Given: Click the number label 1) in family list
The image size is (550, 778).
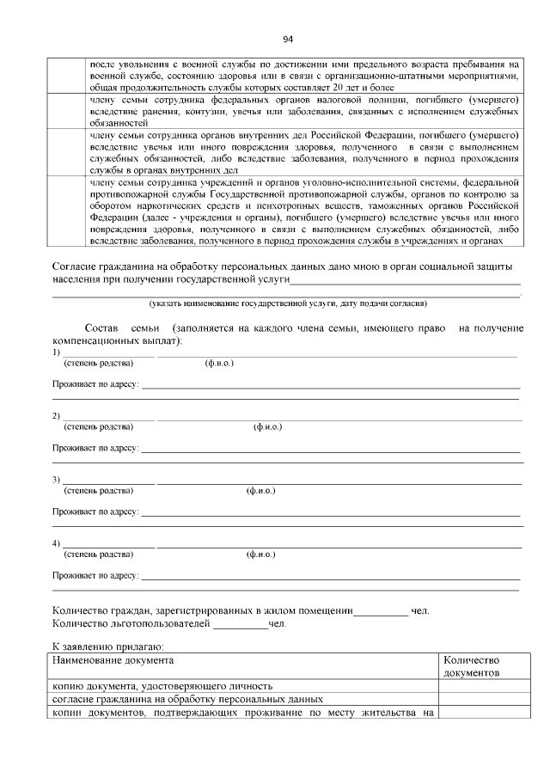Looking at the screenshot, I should pyautogui.click(x=56, y=352).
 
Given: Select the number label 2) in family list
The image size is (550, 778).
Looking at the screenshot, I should pyautogui.click(x=56, y=417).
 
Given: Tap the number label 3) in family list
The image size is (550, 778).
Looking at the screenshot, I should pyautogui.click(x=56, y=480).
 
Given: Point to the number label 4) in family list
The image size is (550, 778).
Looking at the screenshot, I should pyautogui.click(x=56, y=543).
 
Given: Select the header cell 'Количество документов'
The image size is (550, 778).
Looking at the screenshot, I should pyautogui.click(x=472, y=667).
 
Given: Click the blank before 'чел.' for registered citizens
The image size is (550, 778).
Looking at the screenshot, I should pyautogui.click(x=382, y=611).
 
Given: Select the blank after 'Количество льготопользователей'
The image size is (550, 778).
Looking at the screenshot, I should pyautogui.click(x=241, y=625).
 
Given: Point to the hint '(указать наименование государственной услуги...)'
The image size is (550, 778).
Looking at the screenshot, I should pyautogui.click(x=288, y=303).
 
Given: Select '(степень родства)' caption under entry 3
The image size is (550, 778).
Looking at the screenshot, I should pyautogui.click(x=99, y=491).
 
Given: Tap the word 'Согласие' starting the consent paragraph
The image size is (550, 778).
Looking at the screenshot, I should pyautogui.click(x=76, y=266).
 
